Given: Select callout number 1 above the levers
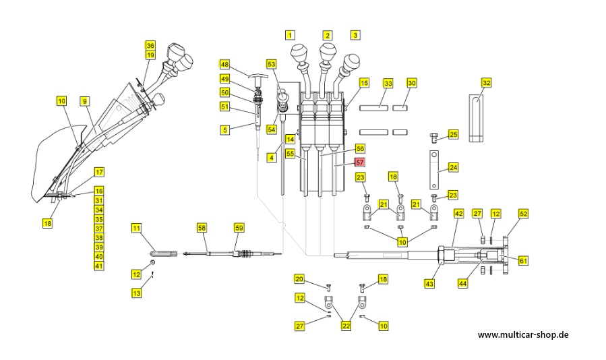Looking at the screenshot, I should [290, 34].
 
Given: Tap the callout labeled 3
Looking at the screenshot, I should [355, 34].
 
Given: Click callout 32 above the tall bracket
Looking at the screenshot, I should [486, 83].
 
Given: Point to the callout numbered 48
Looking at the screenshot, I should [224, 65].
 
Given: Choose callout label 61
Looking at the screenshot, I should [523, 261].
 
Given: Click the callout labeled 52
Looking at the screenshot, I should [523, 213].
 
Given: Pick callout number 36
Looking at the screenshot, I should [150, 46].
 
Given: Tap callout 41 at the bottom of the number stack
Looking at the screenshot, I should [98, 266].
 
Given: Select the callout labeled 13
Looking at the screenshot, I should [136, 293].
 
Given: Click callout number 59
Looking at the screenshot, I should [239, 228].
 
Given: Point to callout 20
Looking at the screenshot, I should [299, 279].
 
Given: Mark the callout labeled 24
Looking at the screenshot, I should [453, 167].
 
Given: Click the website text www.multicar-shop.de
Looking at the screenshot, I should [523, 334].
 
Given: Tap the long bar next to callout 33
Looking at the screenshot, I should [373, 107].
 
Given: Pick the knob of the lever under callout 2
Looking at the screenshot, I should [327, 51].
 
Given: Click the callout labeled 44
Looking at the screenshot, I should [462, 284].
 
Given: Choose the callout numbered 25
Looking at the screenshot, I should [453, 135].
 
